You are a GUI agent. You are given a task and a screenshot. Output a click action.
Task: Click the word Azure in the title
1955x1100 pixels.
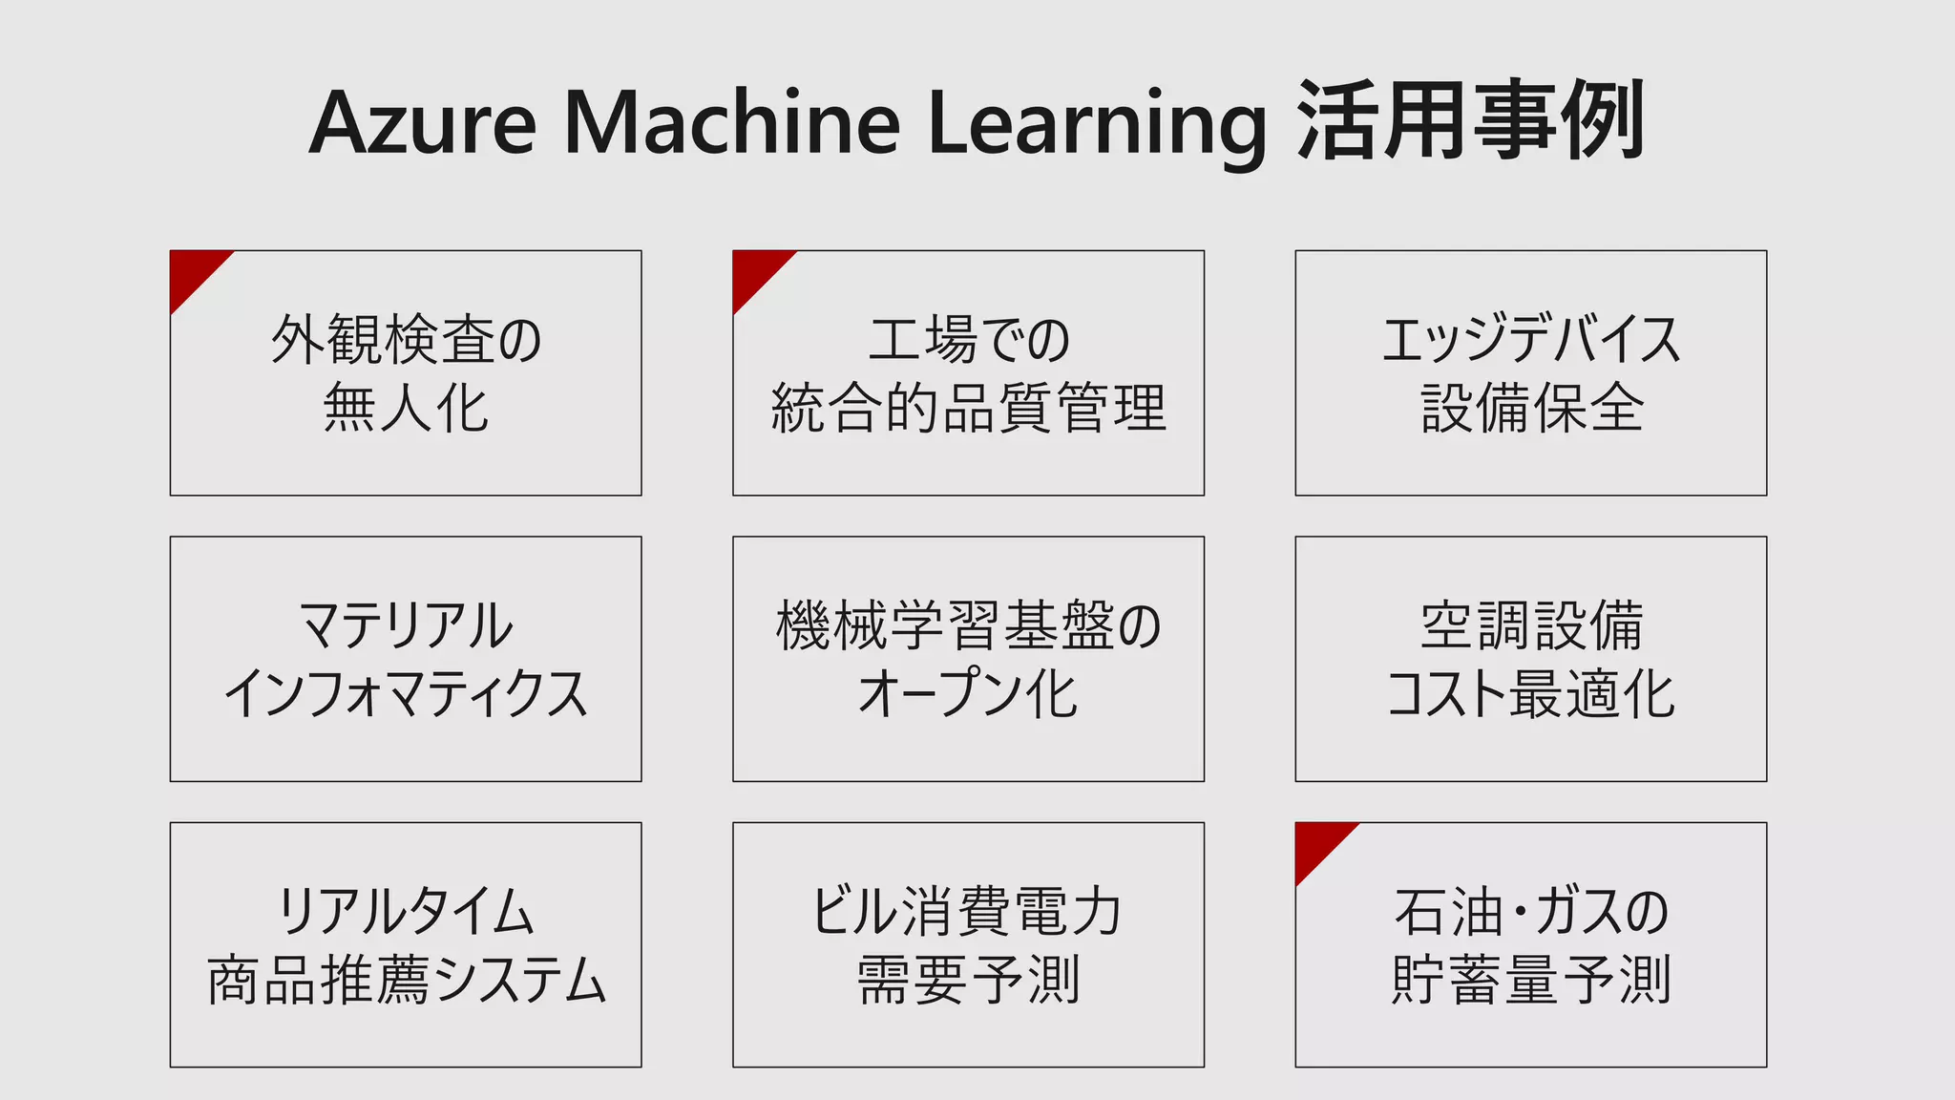pyautogui.click(x=423, y=123)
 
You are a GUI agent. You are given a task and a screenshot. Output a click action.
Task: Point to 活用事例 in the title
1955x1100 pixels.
pyautogui.click(x=1471, y=121)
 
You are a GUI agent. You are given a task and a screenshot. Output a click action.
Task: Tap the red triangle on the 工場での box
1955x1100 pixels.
pyautogui.click(x=755, y=273)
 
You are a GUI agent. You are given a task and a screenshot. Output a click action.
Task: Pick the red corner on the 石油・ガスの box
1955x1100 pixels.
pyautogui.click(x=1317, y=845)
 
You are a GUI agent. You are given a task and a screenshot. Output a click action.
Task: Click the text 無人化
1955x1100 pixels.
pyautogui.click(x=406, y=408)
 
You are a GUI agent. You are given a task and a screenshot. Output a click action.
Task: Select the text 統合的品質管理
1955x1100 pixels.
pyautogui.click(x=968, y=408)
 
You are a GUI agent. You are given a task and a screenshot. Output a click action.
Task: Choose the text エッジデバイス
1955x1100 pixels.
pyautogui.click(x=1531, y=340)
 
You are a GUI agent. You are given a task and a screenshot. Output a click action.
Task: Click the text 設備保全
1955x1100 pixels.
pyautogui.click(x=1531, y=408)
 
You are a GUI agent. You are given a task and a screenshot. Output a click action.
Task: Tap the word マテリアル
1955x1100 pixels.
pyautogui.click(x=406, y=626)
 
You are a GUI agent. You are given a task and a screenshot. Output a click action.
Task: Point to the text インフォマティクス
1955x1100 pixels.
pyautogui.click(x=406, y=694)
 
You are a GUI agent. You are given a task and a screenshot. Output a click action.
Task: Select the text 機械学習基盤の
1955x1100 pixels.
pyautogui.click(x=968, y=626)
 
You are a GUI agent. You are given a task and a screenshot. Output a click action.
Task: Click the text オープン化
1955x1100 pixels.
pyautogui.click(x=968, y=694)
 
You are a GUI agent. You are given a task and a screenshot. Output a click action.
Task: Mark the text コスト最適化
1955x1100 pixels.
pyautogui.click(x=1531, y=694)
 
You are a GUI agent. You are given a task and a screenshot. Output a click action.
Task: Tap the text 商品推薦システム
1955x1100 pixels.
pyautogui.click(x=406, y=981)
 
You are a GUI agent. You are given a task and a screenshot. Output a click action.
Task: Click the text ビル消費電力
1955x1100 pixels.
pyautogui.click(x=968, y=912)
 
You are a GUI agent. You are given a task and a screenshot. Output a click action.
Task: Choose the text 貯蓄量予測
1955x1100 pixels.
pyautogui.click(x=1531, y=981)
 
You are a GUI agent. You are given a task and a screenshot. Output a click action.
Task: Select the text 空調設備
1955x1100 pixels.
pyautogui.click(x=1531, y=626)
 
